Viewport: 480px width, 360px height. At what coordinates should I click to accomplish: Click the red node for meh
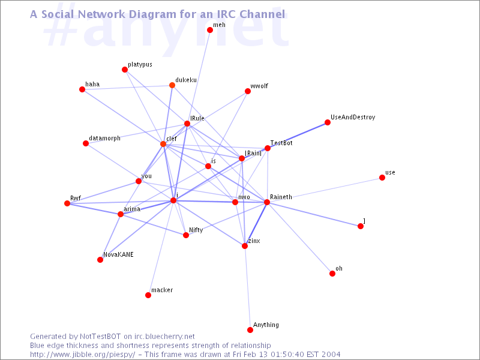(209, 29)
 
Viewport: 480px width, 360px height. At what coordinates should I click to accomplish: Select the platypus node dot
(125, 70)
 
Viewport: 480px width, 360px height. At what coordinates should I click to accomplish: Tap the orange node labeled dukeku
(172, 85)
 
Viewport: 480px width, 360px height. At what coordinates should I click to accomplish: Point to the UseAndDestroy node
(327, 122)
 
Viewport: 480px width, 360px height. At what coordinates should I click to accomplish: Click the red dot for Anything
(250, 329)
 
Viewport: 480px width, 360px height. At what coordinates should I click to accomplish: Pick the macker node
(148, 295)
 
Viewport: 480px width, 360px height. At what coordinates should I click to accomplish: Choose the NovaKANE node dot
(100, 260)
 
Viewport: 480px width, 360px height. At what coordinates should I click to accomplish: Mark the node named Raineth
(266, 202)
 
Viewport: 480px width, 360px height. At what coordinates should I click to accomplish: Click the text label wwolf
(259, 86)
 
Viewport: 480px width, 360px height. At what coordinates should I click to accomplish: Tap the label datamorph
(104, 138)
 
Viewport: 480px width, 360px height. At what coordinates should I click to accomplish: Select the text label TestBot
(281, 143)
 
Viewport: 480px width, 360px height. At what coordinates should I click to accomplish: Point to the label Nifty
(196, 230)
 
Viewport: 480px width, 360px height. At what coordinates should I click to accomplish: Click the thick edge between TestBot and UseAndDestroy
(297, 136)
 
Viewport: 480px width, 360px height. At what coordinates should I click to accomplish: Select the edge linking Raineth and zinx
(256, 224)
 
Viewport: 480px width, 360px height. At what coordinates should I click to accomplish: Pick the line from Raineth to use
(324, 190)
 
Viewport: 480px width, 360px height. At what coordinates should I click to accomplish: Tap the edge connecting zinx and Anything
(247, 288)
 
